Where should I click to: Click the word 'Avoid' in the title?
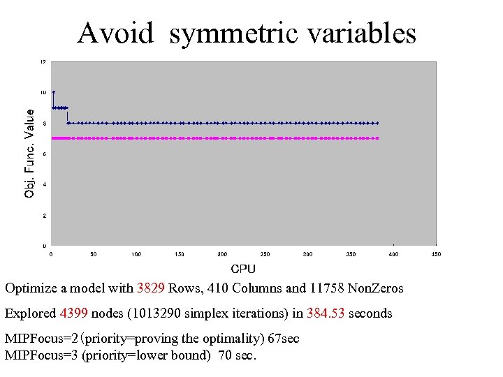pos(116,32)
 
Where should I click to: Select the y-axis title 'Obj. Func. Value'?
pos(29,153)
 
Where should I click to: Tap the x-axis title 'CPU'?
pos(243,269)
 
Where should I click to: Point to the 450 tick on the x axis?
pos(436,254)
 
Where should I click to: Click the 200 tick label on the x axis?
pos(222,254)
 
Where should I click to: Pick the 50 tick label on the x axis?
pos(93,254)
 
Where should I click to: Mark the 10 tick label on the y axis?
pos(43,92)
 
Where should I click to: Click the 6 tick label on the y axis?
pos(44,154)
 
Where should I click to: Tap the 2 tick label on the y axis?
pos(44,216)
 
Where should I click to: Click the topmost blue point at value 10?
pos(54,92)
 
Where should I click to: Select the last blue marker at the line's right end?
pos(377,123)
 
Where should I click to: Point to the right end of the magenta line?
pos(377,138)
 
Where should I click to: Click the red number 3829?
pos(151,288)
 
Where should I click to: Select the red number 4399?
pos(74,313)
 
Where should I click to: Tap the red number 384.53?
pos(326,313)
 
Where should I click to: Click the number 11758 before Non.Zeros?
pos(326,288)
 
